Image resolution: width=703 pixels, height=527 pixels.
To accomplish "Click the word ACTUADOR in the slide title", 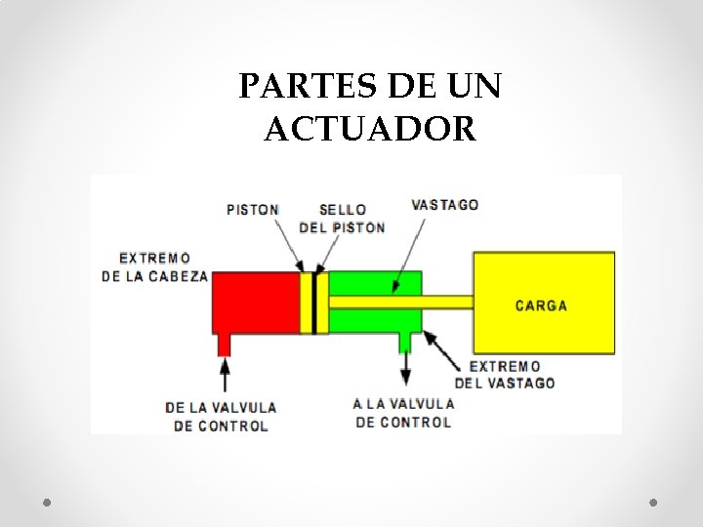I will click(x=370, y=128).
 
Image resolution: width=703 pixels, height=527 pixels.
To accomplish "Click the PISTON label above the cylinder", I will click(x=252, y=209).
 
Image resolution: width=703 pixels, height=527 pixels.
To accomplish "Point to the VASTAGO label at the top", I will click(x=445, y=205).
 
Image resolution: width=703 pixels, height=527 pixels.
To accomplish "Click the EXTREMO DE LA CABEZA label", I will click(x=154, y=266).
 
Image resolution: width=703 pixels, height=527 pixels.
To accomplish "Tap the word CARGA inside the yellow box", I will click(x=541, y=305).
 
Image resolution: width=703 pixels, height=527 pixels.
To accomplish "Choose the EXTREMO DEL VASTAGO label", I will click(x=505, y=375).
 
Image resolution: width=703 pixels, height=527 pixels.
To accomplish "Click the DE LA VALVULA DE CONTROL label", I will click(x=221, y=416).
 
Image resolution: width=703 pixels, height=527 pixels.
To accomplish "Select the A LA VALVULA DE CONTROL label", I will click(x=403, y=413).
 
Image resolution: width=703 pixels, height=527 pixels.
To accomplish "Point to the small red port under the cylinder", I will click(x=225, y=344).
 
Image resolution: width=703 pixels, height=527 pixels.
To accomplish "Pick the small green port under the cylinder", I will click(x=405, y=342).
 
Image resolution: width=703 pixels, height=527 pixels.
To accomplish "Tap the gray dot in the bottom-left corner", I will click(x=47, y=502).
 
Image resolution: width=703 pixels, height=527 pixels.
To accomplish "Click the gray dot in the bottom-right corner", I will click(x=654, y=502).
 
